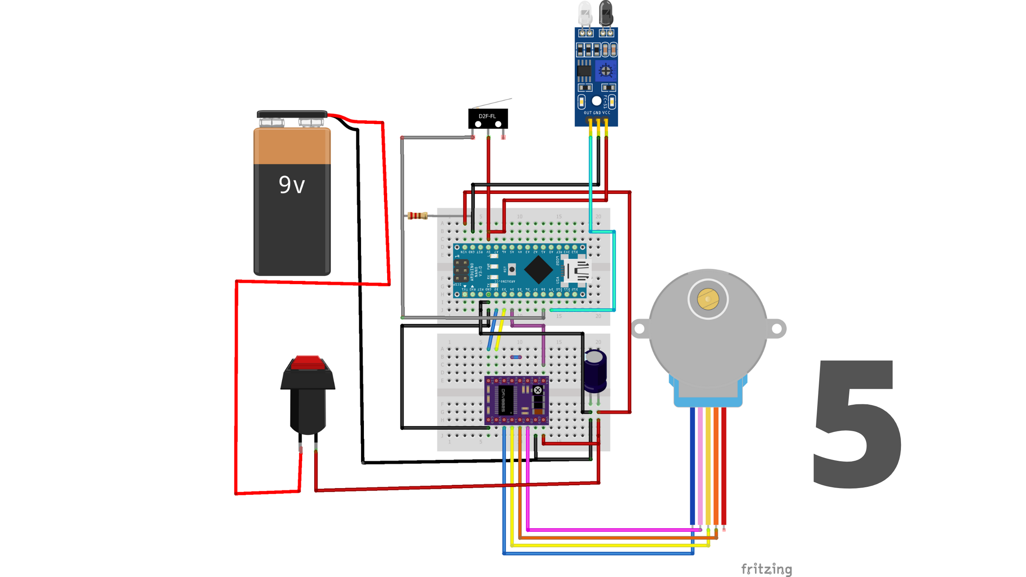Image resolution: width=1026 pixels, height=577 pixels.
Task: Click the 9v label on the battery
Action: click(x=292, y=185)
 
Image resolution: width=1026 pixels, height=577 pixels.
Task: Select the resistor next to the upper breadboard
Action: click(x=417, y=216)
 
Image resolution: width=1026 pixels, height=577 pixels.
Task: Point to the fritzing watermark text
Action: click(x=766, y=569)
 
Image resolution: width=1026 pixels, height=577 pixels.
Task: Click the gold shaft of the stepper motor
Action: click(x=708, y=299)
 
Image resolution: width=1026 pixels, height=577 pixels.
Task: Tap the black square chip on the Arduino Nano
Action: click(x=538, y=269)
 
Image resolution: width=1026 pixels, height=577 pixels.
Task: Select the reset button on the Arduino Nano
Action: click(x=512, y=269)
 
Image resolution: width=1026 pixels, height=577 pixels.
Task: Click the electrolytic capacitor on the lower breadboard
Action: click(x=595, y=371)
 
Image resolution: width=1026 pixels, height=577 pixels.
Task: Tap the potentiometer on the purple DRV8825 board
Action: click(x=538, y=389)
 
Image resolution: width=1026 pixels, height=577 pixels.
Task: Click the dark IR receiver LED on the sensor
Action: click(x=605, y=13)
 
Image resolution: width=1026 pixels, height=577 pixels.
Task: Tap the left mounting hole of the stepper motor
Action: click(x=640, y=329)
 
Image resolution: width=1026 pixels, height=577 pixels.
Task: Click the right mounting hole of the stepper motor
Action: click(x=776, y=329)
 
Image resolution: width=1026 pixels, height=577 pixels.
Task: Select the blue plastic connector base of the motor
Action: click(x=708, y=397)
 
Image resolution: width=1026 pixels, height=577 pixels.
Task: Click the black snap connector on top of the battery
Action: click(x=292, y=114)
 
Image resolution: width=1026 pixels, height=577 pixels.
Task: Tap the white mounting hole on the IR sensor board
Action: click(x=596, y=101)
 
